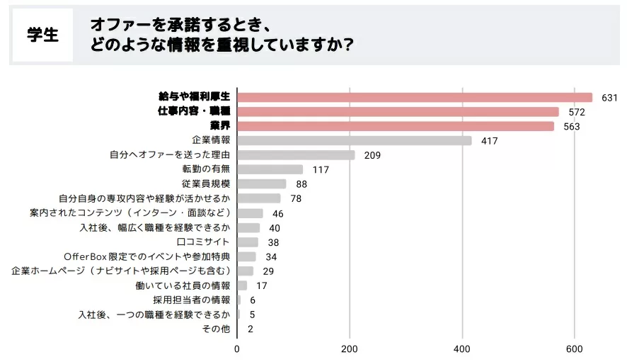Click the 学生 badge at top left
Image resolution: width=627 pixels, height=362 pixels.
point(42,35)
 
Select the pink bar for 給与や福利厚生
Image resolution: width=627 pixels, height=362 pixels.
point(414,97)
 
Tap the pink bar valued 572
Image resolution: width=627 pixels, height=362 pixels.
point(398,112)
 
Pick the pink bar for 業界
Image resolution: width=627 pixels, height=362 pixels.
point(395,126)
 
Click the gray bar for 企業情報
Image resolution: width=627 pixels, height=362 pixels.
point(354,141)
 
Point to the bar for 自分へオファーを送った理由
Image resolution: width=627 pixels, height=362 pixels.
point(296,155)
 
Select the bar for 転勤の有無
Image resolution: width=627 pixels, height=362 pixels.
point(270,169)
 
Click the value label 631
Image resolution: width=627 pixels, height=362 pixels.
point(609,98)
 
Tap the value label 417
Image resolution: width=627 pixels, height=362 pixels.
point(489,141)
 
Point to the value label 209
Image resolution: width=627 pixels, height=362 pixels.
point(372,155)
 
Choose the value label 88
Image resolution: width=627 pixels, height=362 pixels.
point(301,184)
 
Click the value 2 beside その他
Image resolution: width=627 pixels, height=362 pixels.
point(251,329)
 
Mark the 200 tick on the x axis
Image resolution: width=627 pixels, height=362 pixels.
point(350,349)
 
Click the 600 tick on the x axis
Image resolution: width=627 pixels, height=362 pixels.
point(575,349)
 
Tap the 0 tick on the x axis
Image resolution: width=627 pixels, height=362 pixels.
point(237,349)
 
